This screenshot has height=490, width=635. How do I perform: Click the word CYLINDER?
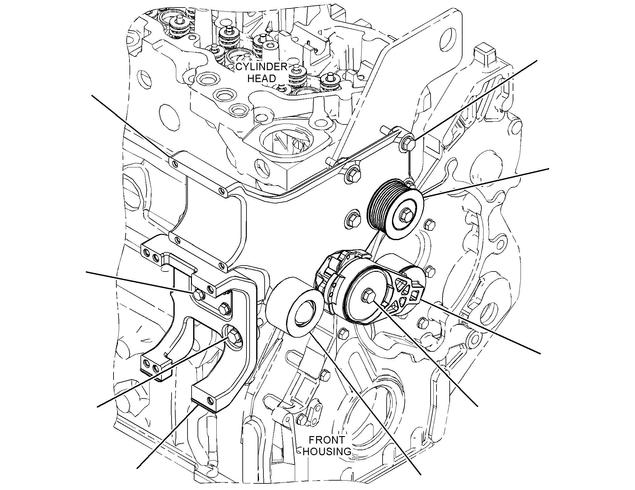pos(261,67)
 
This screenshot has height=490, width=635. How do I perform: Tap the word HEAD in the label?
pos(261,78)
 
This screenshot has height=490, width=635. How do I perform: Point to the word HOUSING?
pos(327,452)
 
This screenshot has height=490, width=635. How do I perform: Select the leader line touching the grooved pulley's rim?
pos(485,183)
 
